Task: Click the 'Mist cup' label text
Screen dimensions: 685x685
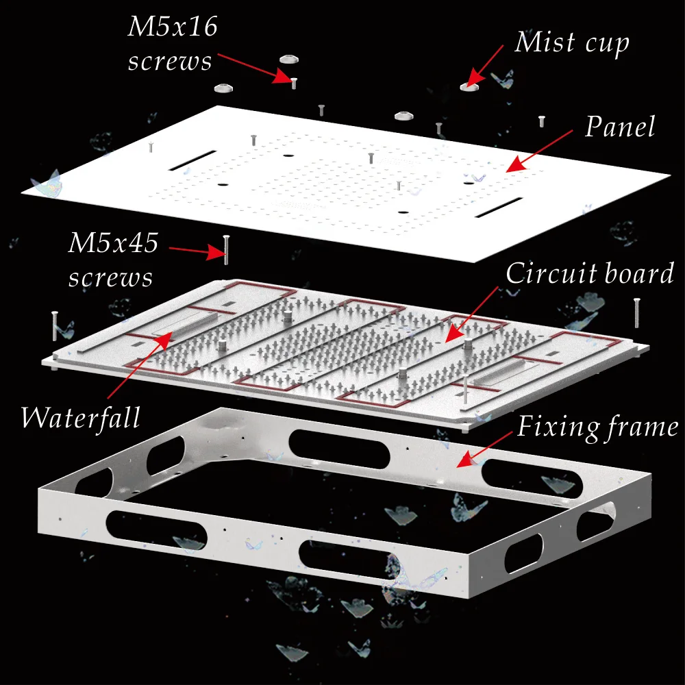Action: (572, 42)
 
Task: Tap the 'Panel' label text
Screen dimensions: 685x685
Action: (620, 127)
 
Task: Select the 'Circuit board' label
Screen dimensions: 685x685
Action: (590, 273)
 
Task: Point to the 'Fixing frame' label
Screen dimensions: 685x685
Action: (598, 427)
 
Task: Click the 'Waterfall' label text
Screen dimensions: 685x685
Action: (80, 416)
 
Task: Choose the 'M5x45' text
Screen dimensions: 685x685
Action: (112, 243)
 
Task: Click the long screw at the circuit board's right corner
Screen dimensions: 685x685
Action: (637, 312)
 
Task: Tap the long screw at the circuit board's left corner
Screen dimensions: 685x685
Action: (53, 326)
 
